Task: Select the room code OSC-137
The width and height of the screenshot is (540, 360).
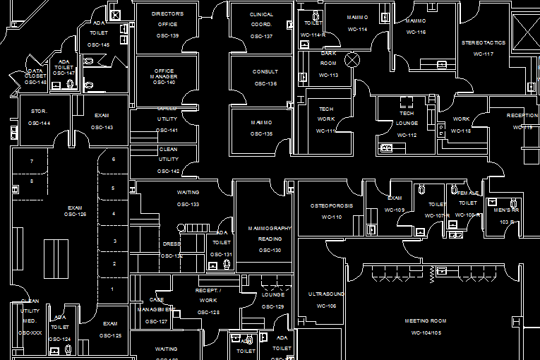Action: tap(261, 36)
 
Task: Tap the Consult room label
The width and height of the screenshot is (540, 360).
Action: tap(265, 72)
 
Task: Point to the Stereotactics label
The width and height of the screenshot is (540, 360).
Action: tap(484, 43)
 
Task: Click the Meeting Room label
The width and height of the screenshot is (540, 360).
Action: tap(426, 321)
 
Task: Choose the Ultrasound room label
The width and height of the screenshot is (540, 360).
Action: tap(326, 294)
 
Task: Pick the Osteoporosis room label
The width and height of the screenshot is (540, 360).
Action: tap(331, 206)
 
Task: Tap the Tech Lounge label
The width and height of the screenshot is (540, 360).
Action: tap(407, 119)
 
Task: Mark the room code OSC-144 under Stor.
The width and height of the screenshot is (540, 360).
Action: tap(39, 124)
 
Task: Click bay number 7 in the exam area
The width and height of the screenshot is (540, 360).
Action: tap(32, 162)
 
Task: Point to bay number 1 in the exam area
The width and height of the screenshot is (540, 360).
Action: tap(112, 289)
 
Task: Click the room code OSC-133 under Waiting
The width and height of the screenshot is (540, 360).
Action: tap(188, 205)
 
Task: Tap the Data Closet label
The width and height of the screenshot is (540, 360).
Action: tap(35, 73)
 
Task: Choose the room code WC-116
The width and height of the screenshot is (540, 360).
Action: tap(416, 32)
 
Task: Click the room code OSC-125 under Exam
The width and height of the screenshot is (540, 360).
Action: tap(110, 335)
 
